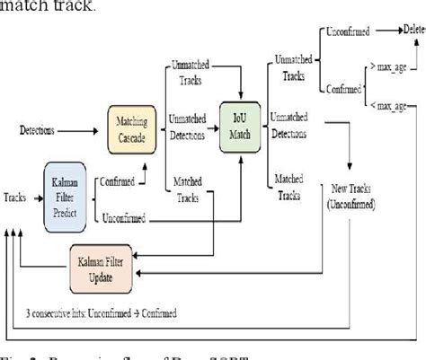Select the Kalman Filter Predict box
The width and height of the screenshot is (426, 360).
[x=69, y=193]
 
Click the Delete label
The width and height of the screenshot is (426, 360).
[x=413, y=30]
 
